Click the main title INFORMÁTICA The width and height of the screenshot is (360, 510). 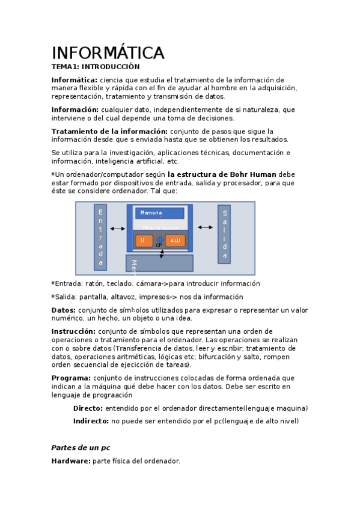(108, 53)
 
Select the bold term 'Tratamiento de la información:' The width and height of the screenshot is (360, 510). (109, 131)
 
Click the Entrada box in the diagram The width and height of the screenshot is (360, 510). (100, 237)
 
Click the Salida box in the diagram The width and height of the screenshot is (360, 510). (224, 235)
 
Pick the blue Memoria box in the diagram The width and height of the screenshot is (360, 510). (159, 213)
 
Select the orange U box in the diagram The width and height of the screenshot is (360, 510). (143, 241)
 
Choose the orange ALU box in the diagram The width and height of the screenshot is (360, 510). (175, 241)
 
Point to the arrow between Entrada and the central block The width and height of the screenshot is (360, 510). (118, 229)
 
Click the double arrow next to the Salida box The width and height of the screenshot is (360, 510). (206, 227)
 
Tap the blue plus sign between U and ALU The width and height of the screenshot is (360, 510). (159, 240)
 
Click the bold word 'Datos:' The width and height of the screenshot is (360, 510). (64, 310)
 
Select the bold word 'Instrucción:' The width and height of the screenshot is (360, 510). (73, 331)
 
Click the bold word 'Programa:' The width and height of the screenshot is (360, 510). (72, 378)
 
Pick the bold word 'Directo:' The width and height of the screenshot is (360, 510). (88, 408)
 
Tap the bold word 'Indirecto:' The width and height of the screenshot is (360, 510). (91, 421)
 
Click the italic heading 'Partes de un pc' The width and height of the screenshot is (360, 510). (81, 447)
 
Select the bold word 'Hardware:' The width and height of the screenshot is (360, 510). (71, 461)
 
